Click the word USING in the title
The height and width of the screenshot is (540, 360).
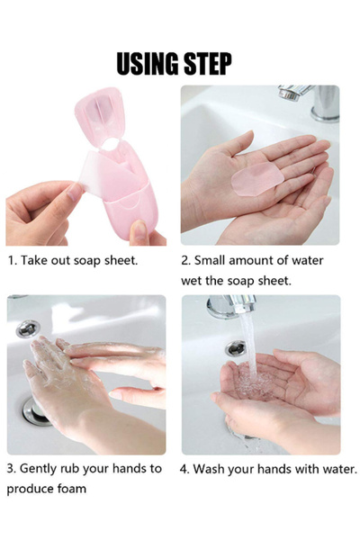(148, 64)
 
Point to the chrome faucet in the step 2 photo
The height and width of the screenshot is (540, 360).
(310, 99)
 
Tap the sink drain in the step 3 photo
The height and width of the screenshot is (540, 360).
(37, 412)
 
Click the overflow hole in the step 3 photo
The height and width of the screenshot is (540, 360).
(28, 328)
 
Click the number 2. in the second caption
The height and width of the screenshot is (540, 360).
(186, 260)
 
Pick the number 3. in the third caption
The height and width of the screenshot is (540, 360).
(13, 469)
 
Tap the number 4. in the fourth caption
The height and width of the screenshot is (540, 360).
(185, 469)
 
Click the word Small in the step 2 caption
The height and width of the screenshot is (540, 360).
(214, 260)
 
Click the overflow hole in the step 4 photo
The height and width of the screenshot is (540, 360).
(236, 347)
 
